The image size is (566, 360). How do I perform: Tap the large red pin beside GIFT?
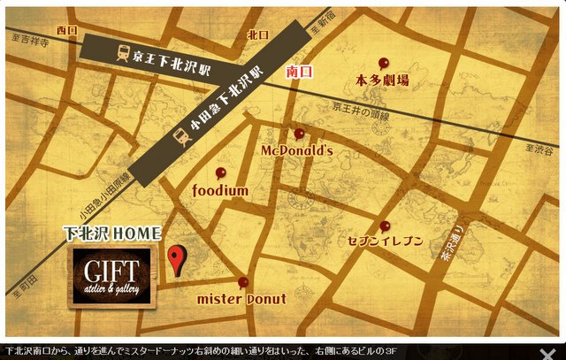175,259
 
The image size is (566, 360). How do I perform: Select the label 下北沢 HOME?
111,234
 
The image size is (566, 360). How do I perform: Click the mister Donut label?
241,299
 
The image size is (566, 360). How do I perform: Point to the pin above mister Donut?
243,282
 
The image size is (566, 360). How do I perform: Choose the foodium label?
220,190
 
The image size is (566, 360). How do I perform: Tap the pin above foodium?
221,172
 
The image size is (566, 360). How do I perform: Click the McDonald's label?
296,151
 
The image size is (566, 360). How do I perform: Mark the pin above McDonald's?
299,134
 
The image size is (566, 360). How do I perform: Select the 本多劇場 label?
382,80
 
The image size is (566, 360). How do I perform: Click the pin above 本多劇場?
383,63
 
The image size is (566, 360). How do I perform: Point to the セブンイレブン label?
386,241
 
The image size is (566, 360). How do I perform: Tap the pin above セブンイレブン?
384,226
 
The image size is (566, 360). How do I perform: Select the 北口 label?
257,34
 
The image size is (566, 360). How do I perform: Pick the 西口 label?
66,30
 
